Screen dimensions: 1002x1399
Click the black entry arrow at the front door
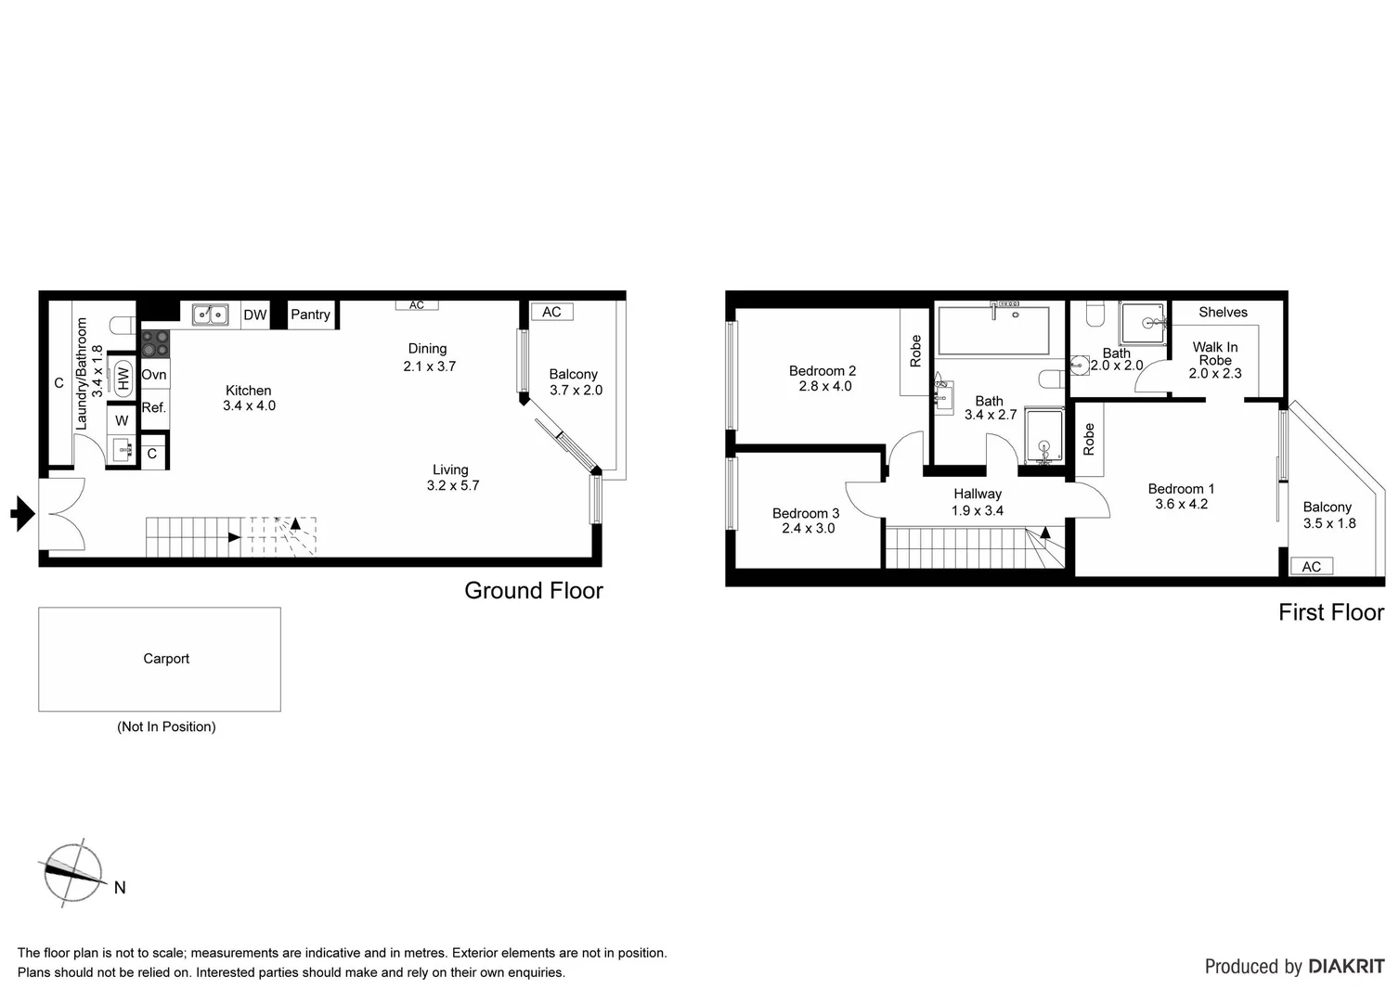click(x=22, y=513)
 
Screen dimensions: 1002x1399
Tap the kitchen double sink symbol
click(x=211, y=315)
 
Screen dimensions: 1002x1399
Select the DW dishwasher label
click(x=255, y=315)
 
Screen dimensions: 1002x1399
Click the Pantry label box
click(x=310, y=315)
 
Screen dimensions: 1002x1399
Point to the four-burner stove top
click(x=155, y=343)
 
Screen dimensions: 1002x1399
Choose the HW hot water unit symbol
click(x=123, y=379)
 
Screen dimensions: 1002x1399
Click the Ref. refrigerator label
click(x=154, y=407)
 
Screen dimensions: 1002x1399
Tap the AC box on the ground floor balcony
click(x=551, y=312)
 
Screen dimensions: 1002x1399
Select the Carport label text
click(x=166, y=659)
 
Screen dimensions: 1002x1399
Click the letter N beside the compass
click(x=120, y=888)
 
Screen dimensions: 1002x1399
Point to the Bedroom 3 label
click(x=806, y=513)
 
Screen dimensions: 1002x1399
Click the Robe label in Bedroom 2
click(x=915, y=351)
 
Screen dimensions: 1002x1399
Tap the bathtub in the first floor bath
click(x=993, y=330)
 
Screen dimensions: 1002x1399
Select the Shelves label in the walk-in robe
click(x=1223, y=313)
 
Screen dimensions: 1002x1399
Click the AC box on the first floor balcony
click(x=1311, y=566)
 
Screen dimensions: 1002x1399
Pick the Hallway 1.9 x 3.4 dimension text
click(x=978, y=510)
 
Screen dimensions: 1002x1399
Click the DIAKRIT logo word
click(x=1346, y=967)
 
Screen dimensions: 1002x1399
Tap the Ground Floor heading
click(x=534, y=591)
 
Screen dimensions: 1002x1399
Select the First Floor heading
click(x=1330, y=612)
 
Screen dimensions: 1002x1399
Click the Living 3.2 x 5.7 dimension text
click(x=453, y=485)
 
